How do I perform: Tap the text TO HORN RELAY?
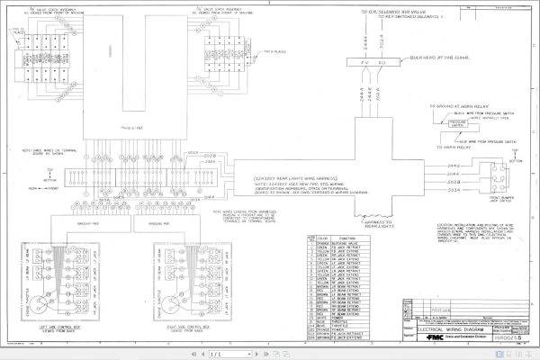click(447, 147)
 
